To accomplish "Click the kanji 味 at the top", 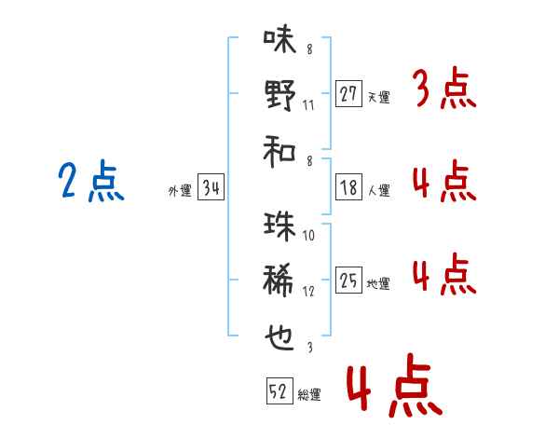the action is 279,39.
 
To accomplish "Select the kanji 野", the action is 280,95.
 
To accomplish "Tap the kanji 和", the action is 279,152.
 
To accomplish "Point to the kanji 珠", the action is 279,226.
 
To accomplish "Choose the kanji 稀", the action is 279,280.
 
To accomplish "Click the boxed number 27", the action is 348,94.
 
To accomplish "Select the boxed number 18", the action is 348,187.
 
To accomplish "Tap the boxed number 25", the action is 348,280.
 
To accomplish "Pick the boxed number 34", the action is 211,187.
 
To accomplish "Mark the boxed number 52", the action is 279,390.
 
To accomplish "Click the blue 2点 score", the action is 91,181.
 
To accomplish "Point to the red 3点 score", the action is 445,88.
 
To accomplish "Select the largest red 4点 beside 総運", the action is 395,385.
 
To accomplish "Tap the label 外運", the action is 180,191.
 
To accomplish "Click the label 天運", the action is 379,97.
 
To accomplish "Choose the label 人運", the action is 379,190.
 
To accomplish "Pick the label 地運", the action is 378,284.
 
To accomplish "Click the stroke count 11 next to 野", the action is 308,105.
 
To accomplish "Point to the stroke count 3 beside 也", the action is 310,348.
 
